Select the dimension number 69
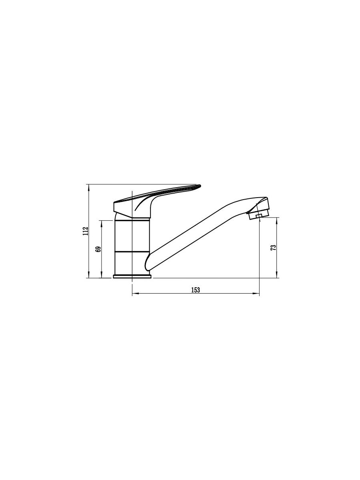(98, 249)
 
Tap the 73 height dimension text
(274, 248)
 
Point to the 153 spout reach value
(196, 290)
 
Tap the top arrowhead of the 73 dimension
(277, 221)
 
